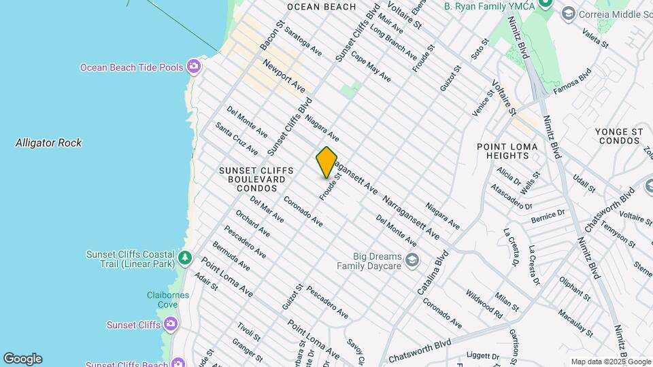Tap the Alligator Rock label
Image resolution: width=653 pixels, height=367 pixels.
point(48,143)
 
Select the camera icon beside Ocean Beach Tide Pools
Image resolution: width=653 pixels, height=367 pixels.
point(194,66)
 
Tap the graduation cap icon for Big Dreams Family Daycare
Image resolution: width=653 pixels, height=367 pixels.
point(412,260)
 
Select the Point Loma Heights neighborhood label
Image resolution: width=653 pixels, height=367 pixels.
point(507,151)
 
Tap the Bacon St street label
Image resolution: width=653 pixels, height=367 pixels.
point(270,35)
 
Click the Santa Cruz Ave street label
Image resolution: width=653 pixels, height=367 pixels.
point(237,138)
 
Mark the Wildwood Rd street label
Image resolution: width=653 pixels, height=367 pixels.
point(484,305)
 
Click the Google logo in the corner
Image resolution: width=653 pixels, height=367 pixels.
point(22,359)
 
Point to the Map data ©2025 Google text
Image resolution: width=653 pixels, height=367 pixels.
point(610,362)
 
